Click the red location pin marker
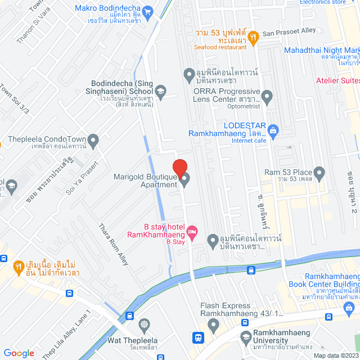coord(179,168)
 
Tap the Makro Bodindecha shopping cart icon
coord(148,10)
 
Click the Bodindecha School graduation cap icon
coord(160,91)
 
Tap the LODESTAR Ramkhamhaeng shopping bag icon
coord(273,130)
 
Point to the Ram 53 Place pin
coord(319,172)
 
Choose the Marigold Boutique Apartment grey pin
coord(184,179)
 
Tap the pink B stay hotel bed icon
coord(192,231)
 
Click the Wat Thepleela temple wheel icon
coord(145,325)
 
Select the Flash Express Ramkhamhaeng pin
coord(213,325)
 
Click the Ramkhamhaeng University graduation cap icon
coord(245,337)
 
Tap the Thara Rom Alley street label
coord(114,243)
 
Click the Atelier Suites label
coord(337,80)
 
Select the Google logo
coord(19,353)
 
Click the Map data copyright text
coord(336,355)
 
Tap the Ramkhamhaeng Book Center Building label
coord(332,281)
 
